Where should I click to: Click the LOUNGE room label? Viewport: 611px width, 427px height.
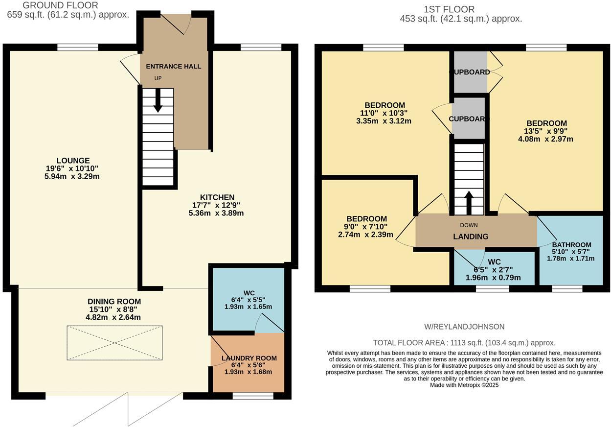point(72,160)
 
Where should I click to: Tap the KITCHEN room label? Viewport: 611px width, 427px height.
point(217,197)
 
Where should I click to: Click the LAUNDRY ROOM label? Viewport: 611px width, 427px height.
point(249,358)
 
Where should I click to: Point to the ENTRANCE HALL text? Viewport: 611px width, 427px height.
point(173,67)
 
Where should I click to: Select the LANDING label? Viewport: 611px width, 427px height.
point(471,237)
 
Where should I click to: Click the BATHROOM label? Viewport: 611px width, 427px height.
point(571,245)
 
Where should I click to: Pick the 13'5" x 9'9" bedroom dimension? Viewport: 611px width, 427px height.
point(546,131)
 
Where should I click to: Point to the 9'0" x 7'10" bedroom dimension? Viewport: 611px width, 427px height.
point(366,227)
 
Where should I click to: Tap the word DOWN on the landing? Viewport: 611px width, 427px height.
point(469,225)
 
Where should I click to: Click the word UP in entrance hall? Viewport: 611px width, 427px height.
point(158,78)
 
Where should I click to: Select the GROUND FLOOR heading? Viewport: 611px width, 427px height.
point(60,5)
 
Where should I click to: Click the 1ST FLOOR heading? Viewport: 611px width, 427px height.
point(449,9)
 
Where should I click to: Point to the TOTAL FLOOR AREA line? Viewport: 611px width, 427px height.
point(464,343)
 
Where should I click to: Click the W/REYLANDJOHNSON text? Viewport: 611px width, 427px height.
point(464,327)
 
